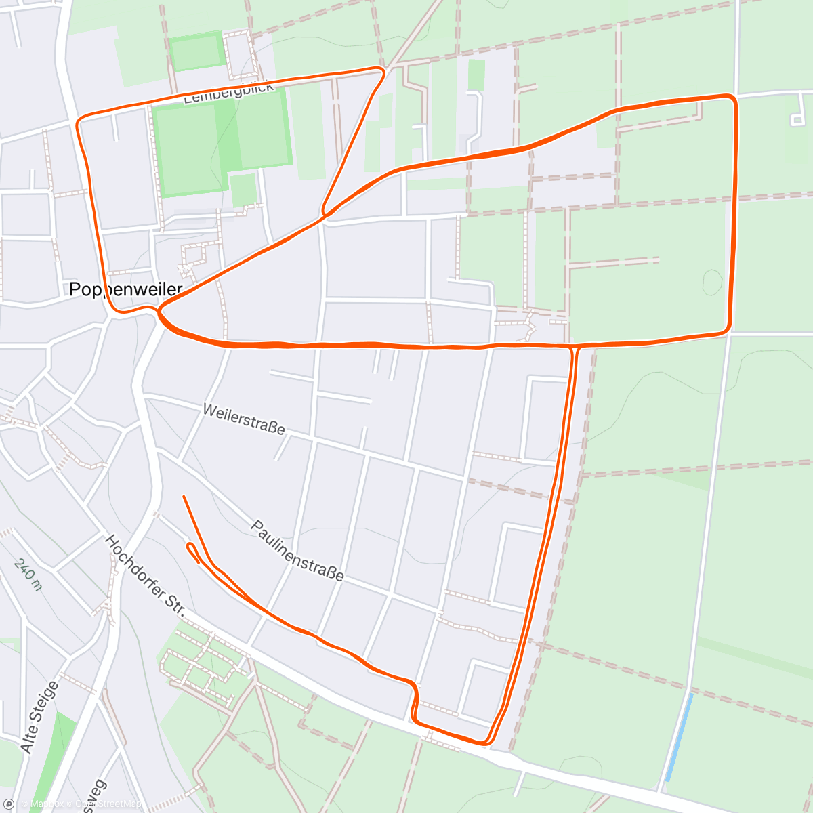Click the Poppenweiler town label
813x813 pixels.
coord(126,289)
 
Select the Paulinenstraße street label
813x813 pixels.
coord(297,550)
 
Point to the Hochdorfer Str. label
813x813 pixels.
coord(145,575)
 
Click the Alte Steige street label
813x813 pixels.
coord(40,717)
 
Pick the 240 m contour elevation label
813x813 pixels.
coord(28,575)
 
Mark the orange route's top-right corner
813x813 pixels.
coord(733,98)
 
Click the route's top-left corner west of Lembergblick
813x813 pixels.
coord(79,122)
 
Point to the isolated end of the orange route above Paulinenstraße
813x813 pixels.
coord(184,497)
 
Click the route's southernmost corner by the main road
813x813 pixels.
coord(486,743)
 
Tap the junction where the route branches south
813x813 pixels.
coord(575,347)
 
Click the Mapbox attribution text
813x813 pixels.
coord(45,805)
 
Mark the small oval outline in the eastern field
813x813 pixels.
coord(711,281)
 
